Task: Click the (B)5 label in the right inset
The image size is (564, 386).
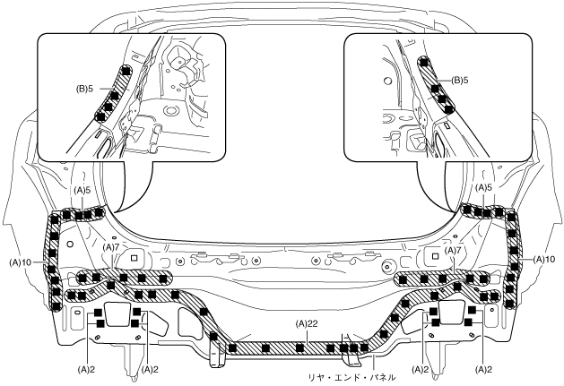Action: point(460,80)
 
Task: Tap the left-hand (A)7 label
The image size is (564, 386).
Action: point(111,246)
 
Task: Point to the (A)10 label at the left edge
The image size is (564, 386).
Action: point(21,262)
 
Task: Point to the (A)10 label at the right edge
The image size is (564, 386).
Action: point(543,259)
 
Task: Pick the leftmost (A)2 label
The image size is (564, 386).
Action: point(87,368)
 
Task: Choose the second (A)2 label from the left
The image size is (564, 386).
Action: point(150,368)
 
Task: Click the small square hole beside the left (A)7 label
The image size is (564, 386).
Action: point(134,256)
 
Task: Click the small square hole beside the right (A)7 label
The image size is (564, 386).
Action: point(429,255)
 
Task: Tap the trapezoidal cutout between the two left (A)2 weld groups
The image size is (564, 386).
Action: point(117,314)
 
